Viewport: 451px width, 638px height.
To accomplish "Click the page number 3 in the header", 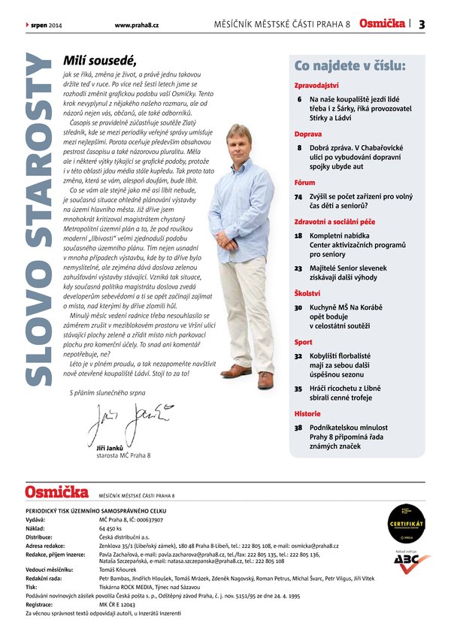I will tap(422, 24).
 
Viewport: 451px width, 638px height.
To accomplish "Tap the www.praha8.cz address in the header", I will tap(136, 25).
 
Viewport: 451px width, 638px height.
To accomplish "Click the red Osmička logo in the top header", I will tap(383, 24).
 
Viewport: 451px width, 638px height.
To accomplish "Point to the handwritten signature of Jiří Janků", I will tap(129, 422).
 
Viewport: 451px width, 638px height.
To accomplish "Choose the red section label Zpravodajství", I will tap(316, 86).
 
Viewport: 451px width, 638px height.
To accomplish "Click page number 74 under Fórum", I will tap(298, 196).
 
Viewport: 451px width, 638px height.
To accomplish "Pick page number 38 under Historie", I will tap(298, 427).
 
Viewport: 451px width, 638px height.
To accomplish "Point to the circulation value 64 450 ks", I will tap(111, 528).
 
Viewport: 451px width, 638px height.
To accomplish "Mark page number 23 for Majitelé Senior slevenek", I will tap(298, 268).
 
